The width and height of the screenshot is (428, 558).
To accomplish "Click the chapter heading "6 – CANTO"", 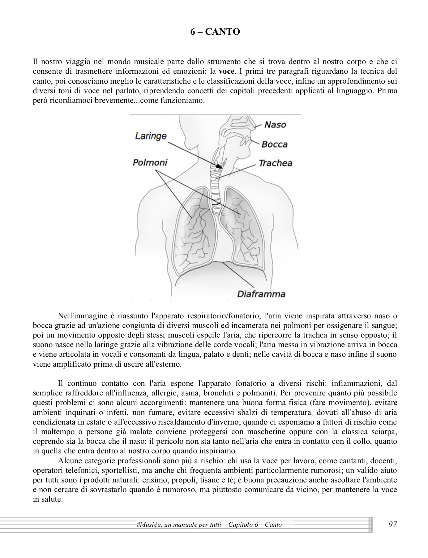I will [215, 32].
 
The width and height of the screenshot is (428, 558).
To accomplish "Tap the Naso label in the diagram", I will [275, 125].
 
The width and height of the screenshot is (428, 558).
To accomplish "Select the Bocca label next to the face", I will [274, 144].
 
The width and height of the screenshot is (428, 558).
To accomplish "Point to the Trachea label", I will [275, 163].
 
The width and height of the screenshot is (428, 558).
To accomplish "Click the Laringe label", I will [151, 136].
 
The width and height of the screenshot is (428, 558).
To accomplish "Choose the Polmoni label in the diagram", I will [150, 163].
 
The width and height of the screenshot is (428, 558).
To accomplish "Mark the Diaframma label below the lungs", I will [261, 294].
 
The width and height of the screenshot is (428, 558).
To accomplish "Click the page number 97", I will [392, 524].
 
